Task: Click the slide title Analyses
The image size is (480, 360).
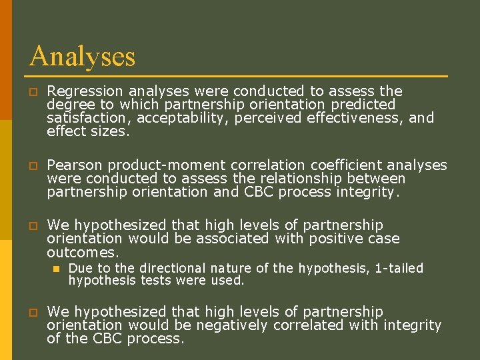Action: [x=82, y=56]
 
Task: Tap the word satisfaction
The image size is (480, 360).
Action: [x=79, y=118]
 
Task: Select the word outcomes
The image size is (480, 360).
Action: [x=82, y=253]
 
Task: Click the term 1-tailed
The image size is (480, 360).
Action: [x=399, y=268]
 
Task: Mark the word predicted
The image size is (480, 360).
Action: [x=363, y=105]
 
